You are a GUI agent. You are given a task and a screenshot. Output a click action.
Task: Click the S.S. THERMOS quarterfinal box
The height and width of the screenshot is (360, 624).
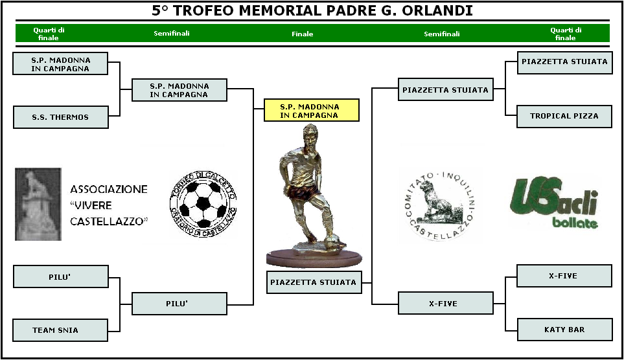61,117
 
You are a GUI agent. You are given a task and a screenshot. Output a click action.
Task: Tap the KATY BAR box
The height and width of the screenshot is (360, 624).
564,330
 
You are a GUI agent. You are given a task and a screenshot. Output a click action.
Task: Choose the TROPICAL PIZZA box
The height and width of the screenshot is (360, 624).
564,116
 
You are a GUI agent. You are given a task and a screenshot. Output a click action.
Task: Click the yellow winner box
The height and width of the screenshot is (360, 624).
312,110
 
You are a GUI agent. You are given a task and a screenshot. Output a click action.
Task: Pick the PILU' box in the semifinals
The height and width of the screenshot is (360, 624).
179,304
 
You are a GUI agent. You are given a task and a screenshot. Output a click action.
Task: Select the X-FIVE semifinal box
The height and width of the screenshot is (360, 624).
446,303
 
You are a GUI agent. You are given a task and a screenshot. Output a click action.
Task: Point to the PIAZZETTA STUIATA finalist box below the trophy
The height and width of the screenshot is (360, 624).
314,282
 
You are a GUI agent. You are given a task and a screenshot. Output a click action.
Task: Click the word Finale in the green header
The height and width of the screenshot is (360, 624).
303,34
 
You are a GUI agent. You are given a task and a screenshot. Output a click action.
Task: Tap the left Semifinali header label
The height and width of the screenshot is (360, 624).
172,34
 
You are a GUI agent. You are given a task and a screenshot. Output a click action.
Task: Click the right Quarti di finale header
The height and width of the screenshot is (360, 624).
566,34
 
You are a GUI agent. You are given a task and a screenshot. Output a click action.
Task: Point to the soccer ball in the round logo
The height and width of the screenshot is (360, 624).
203,204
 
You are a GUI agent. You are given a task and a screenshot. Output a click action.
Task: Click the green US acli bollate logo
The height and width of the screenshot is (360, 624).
554,201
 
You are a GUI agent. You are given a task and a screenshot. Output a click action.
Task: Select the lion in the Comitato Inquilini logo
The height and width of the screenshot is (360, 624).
437,201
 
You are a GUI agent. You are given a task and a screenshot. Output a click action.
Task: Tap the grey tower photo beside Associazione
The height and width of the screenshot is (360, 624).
38,204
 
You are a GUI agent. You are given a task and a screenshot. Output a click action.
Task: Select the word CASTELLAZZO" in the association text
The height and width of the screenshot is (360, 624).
109,221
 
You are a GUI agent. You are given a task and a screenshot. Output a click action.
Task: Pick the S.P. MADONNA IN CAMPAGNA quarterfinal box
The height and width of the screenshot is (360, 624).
60,63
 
